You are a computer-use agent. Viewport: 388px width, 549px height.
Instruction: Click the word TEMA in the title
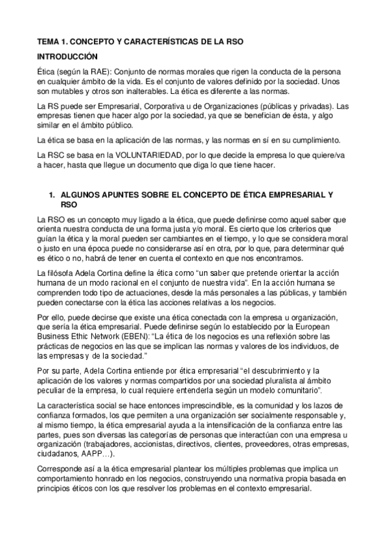(x=48, y=41)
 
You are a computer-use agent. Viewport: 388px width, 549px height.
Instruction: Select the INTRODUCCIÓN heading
(x=67, y=56)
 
